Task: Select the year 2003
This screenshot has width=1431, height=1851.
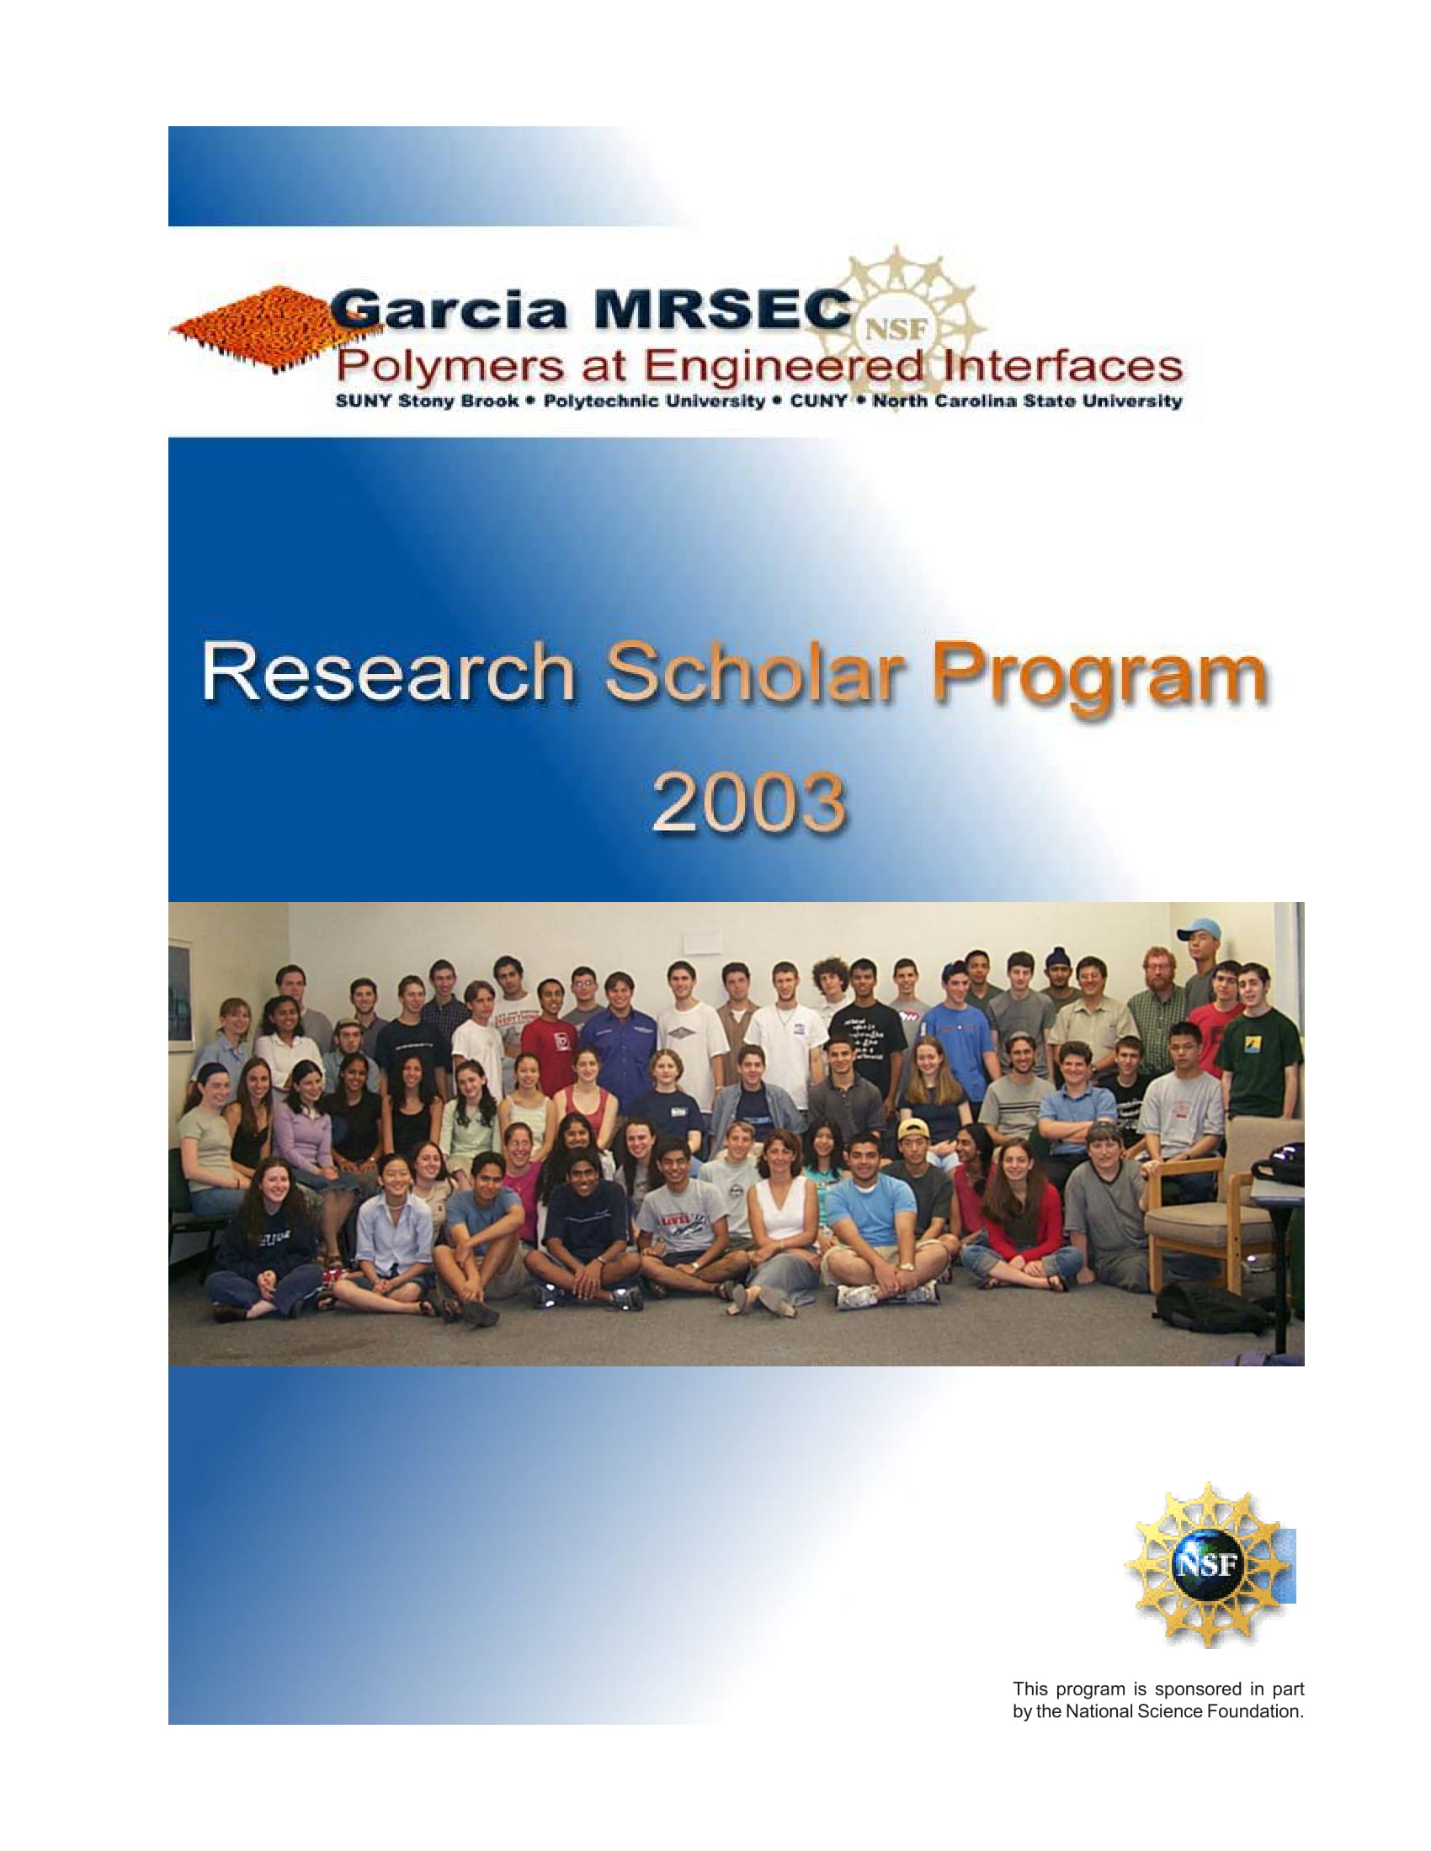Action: click(x=749, y=801)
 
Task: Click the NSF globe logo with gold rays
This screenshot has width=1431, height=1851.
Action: click(x=1208, y=1565)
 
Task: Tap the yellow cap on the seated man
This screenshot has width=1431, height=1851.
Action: click(x=913, y=1128)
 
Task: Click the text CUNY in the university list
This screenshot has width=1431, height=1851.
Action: click(x=818, y=400)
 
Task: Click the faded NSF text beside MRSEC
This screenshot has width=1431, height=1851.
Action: click(x=896, y=329)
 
